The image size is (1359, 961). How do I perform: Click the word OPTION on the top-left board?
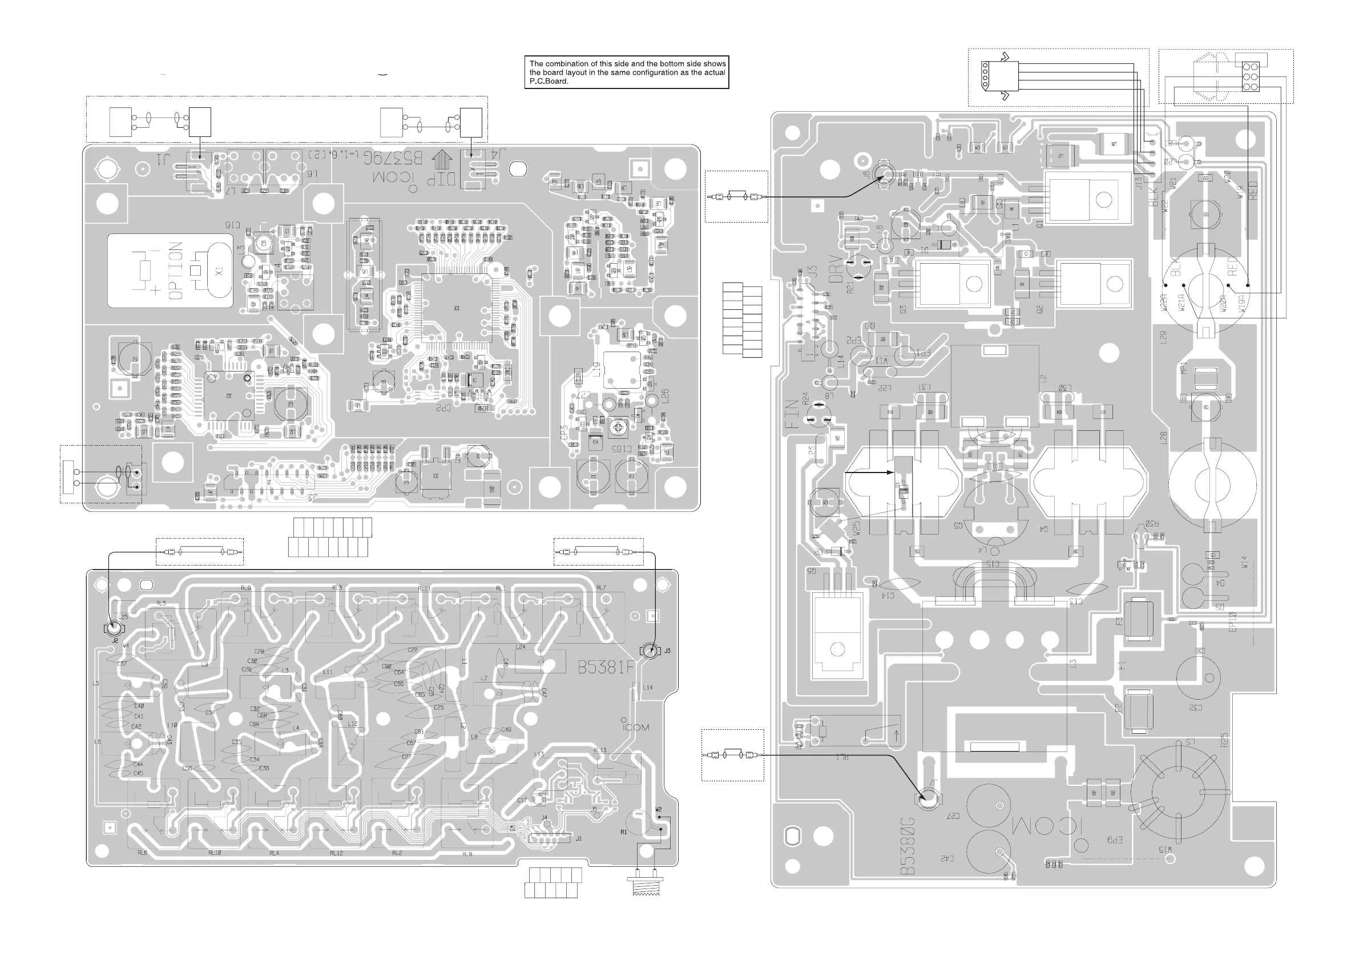pyautogui.click(x=176, y=270)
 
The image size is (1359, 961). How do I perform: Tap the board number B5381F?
pyautogui.click(x=606, y=668)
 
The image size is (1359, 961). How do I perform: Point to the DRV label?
pyautogui.click(x=835, y=269)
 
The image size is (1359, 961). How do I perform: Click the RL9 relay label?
pyautogui.click(x=245, y=588)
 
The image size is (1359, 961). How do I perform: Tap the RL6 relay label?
pyautogui.click(x=142, y=853)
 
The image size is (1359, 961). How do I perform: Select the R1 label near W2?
pyautogui.click(x=623, y=832)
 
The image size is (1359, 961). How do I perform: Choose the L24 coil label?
pyautogui.click(x=521, y=647)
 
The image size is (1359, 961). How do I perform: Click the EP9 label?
pyautogui.click(x=1115, y=839)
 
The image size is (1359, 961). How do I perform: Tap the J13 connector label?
pyautogui.click(x=1138, y=183)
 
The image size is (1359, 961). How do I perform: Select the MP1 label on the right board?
pyautogui.click(x=1183, y=368)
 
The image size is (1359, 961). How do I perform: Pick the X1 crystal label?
pyautogui.click(x=220, y=273)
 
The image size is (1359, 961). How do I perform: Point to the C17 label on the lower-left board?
pyautogui.click(x=522, y=800)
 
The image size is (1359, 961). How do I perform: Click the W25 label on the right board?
pyautogui.click(x=857, y=528)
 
